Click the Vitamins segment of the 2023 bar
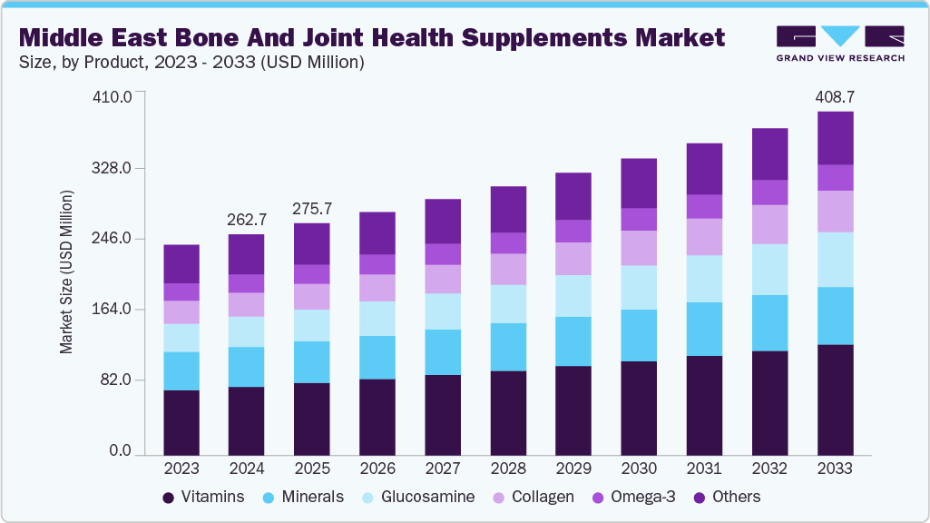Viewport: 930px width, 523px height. coord(181,422)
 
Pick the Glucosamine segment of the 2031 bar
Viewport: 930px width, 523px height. coord(704,279)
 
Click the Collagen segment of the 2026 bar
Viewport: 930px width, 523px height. coord(377,288)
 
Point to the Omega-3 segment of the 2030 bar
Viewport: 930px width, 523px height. coord(639,220)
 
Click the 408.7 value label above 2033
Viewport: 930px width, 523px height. coord(835,96)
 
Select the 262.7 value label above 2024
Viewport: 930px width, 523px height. coord(247,219)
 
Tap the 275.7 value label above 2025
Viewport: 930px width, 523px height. coord(312,208)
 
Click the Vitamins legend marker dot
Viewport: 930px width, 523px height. coord(168,498)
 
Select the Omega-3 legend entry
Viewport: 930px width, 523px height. coord(634,498)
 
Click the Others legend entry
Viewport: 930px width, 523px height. coord(726,498)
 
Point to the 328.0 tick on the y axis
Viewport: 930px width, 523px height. coord(114,169)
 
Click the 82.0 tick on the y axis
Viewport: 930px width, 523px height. coord(118,380)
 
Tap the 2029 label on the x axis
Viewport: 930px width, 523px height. coord(573,469)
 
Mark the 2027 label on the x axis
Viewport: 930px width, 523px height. coord(443,469)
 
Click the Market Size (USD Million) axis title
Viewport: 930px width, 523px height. coord(66,272)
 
